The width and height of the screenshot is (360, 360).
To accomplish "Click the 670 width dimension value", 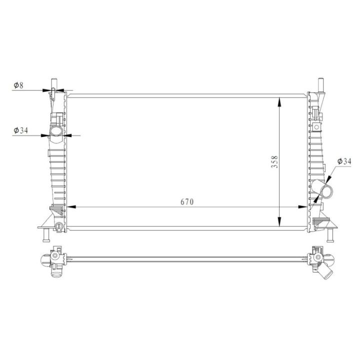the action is [187, 202].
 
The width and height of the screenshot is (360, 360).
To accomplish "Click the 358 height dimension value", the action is [274, 162].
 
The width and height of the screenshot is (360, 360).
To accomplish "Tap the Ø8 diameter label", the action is [18, 85].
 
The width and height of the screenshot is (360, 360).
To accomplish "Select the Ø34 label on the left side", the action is [20, 130].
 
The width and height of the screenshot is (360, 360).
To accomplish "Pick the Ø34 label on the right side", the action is [344, 161].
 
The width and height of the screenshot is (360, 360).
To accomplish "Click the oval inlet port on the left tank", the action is [55, 131].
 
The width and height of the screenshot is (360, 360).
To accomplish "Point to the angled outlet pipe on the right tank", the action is [322, 189].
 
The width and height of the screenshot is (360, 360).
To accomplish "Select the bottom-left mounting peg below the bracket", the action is [46, 235].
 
